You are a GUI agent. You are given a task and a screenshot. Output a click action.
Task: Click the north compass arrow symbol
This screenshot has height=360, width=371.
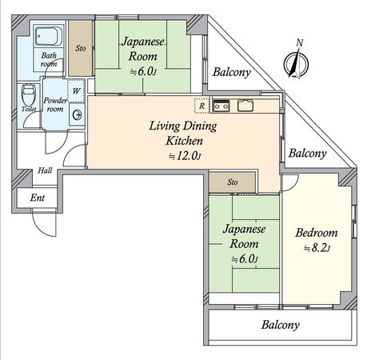(297, 61)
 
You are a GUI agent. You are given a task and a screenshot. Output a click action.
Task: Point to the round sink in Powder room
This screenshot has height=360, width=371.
(76, 114)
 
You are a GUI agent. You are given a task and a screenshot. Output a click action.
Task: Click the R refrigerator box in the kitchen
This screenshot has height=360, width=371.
(202, 104)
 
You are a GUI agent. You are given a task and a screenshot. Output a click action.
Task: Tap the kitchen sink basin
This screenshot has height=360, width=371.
(245, 105)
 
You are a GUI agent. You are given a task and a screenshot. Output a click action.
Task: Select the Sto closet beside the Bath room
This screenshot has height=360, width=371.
(80, 48)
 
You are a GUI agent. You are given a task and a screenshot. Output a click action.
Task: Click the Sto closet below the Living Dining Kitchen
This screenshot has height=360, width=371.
(233, 182)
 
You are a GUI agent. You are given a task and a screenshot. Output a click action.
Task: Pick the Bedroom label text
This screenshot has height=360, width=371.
(316, 233)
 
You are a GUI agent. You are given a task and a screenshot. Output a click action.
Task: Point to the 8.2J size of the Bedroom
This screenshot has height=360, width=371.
(317, 249)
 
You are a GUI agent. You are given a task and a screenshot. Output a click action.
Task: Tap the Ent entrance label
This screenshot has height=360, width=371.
(37, 198)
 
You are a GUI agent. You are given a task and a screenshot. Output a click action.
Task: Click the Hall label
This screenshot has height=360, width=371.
(45, 170)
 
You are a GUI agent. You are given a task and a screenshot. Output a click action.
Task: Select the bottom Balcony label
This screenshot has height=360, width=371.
(280, 325)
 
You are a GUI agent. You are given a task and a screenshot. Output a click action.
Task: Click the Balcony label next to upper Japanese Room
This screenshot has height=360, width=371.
(232, 72)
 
